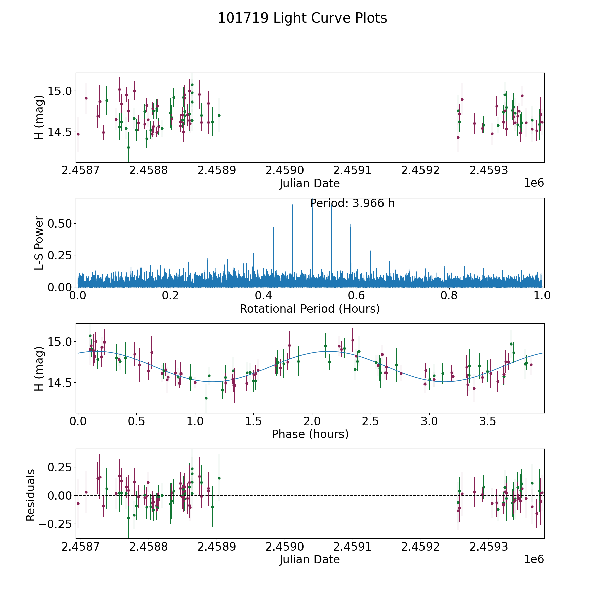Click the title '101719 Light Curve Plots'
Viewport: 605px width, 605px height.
[302, 18]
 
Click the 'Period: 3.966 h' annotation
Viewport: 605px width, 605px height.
[352, 203]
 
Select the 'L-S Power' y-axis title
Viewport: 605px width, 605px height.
[39, 243]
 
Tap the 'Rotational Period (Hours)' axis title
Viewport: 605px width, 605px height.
[310, 309]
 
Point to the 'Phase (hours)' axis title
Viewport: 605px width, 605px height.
[310, 434]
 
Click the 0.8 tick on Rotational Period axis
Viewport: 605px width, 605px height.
[449, 295]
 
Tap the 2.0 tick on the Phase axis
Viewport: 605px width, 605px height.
[312, 421]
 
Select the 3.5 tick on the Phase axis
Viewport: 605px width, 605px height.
[487, 421]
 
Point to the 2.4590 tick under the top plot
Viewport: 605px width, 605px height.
[285, 170]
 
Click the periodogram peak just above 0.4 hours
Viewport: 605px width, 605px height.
[273, 228]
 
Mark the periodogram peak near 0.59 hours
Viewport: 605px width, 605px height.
[351, 224]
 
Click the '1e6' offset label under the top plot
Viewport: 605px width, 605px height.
[534, 183]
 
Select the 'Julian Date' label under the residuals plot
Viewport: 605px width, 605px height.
[310, 559]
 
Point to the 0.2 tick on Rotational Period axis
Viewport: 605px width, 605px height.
[171, 295]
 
